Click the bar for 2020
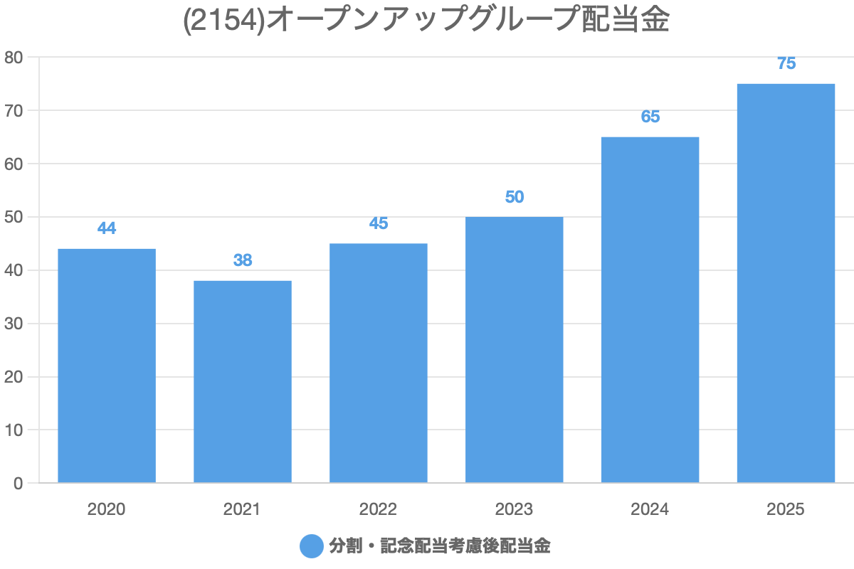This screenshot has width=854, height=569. click(107, 366)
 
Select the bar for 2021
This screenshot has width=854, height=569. click(243, 382)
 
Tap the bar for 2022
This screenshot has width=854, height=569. click(379, 363)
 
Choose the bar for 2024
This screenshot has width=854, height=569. click(650, 310)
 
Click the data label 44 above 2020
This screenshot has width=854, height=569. click(107, 228)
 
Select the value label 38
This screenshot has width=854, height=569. click(243, 260)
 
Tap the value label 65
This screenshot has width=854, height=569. click(650, 117)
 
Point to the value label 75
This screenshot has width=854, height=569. click(786, 63)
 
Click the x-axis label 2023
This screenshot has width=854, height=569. click(515, 509)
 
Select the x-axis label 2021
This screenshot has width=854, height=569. click(243, 509)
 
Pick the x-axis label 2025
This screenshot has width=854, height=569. click(786, 509)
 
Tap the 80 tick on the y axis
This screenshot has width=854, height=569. click(14, 57)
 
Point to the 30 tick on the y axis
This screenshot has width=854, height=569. click(14, 324)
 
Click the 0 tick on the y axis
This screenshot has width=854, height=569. click(19, 484)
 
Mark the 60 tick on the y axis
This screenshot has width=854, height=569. click(14, 164)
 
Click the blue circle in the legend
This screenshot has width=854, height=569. click(312, 546)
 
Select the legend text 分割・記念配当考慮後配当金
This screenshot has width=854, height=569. click(440, 546)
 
